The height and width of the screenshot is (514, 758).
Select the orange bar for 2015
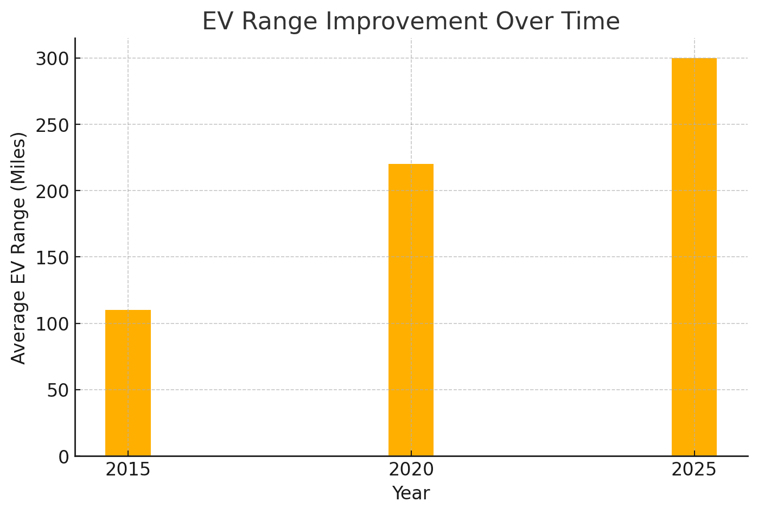(x=128, y=383)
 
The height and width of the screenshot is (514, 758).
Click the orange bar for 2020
(x=411, y=310)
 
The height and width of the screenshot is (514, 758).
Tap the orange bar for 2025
(x=694, y=257)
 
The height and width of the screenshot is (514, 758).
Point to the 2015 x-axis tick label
(x=128, y=469)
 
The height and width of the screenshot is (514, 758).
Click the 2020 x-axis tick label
(x=411, y=469)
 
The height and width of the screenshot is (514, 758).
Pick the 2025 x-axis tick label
(x=694, y=469)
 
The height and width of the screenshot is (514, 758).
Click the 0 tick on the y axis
(x=63, y=457)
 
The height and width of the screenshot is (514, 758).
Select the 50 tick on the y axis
(x=58, y=390)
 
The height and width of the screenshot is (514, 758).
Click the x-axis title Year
(x=411, y=493)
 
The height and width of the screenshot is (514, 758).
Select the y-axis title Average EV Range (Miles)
(x=19, y=248)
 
